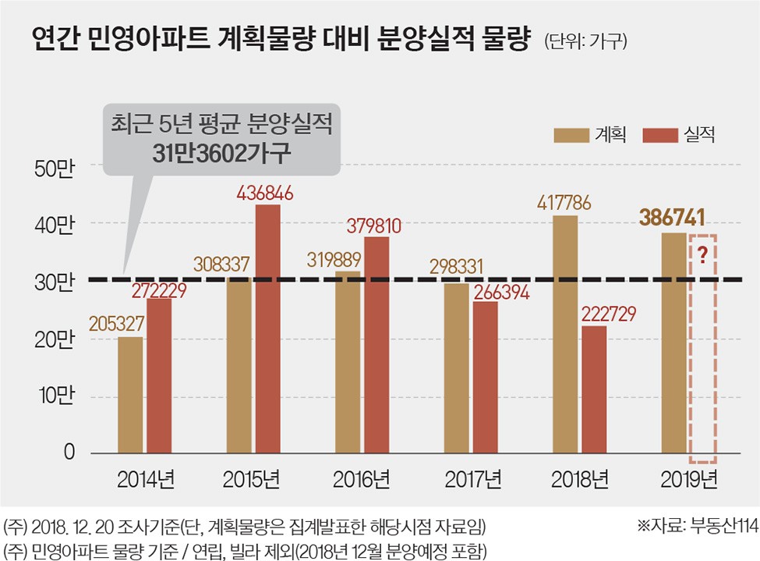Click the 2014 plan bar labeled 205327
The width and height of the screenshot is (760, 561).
point(130,394)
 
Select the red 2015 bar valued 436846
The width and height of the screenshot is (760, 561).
point(267,328)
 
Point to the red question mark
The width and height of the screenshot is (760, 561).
point(703,256)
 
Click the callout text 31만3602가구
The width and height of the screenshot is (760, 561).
point(223,152)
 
